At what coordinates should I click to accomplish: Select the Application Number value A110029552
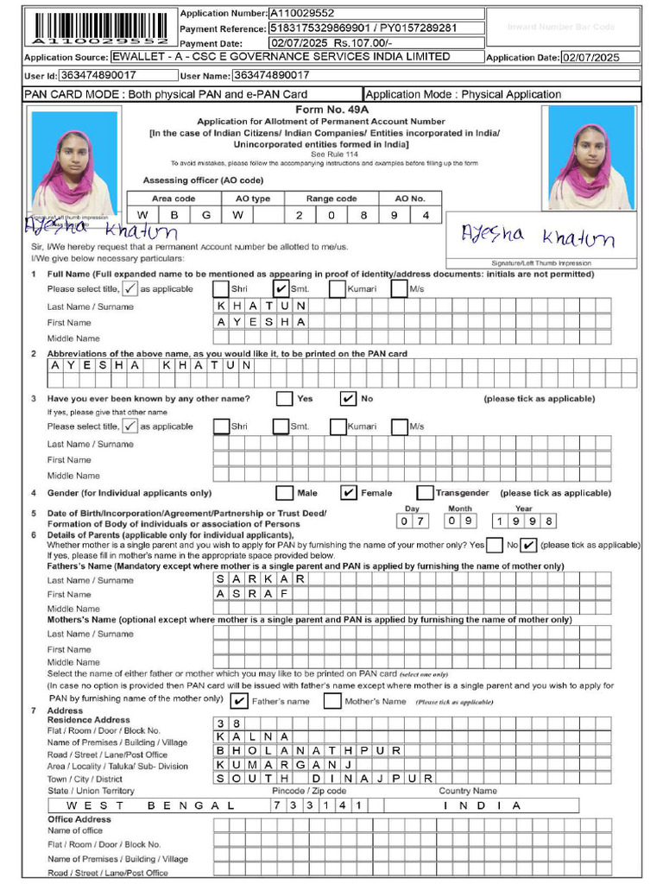[302, 13]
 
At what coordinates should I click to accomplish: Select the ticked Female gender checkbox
[349, 493]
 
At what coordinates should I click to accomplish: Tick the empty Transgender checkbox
[424, 493]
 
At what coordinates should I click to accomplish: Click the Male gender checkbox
[284, 493]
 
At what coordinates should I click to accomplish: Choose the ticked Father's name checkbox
[240, 701]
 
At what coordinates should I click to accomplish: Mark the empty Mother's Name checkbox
[332, 701]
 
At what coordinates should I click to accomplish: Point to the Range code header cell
[331, 199]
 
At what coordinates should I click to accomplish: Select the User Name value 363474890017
[271, 76]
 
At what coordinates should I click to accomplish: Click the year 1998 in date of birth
[524, 521]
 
